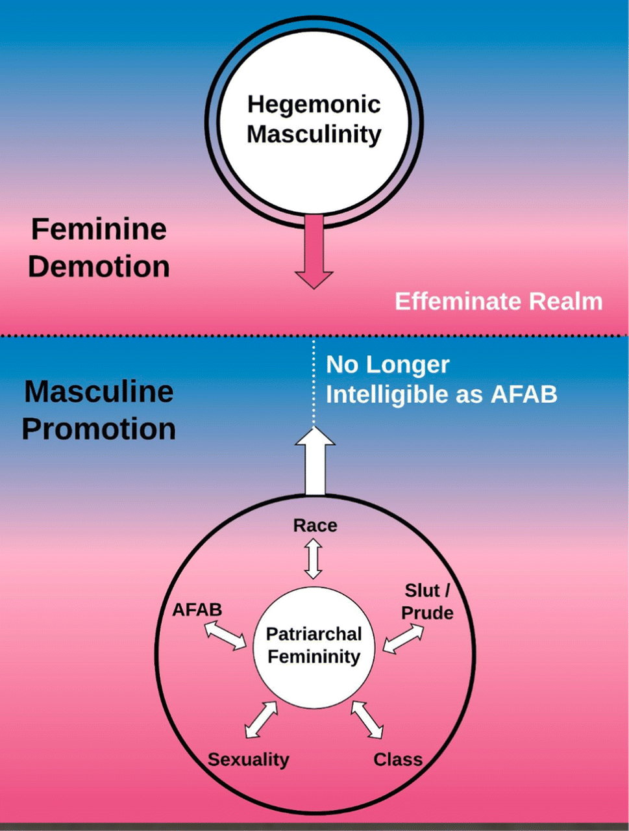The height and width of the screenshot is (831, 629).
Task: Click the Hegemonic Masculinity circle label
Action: (314, 120)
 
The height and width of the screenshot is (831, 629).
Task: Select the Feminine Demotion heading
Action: (99, 248)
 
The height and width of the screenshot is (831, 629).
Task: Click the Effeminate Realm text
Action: (499, 301)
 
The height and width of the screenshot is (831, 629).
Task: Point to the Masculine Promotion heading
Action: (99, 410)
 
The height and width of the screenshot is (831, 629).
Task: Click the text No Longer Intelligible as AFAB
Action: (441, 379)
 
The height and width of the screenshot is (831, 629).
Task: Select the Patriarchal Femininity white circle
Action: (315, 645)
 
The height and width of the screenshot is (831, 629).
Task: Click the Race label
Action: (315, 525)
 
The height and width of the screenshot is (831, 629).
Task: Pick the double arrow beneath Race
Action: (314, 560)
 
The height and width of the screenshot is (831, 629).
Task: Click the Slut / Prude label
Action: (427, 602)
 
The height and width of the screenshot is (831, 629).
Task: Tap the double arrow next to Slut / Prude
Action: (403, 638)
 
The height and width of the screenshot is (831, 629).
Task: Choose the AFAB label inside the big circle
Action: (197, 610)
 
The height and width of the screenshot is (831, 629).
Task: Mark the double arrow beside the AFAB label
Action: (225, 635)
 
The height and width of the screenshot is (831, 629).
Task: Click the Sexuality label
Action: (249, 760)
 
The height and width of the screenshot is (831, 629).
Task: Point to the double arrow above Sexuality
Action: (262, 719)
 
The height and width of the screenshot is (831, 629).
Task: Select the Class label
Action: (398, 759)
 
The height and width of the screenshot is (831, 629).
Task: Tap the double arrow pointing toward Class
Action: (367, 719)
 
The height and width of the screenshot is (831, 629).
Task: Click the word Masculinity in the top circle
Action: (314, 134)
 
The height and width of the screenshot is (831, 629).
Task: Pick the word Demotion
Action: (99, 266)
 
